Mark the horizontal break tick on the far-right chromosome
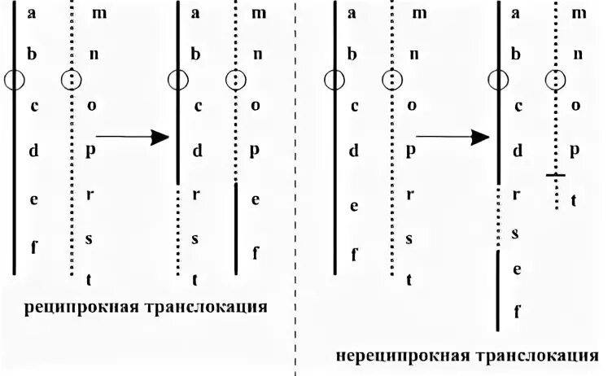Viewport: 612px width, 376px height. point(555,174)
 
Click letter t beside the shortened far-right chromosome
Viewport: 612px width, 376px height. point(574,200)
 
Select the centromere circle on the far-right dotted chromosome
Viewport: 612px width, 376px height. point(555,80)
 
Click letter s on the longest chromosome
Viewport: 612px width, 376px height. point(516,234)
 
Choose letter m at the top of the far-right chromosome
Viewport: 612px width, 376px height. point(579,13)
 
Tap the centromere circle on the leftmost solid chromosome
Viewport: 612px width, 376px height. point(15,80)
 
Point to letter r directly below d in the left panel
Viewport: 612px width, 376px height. point(196,195)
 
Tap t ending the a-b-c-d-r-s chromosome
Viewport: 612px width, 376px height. point(196,279)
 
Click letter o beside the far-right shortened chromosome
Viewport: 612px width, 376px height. point(576,106)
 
